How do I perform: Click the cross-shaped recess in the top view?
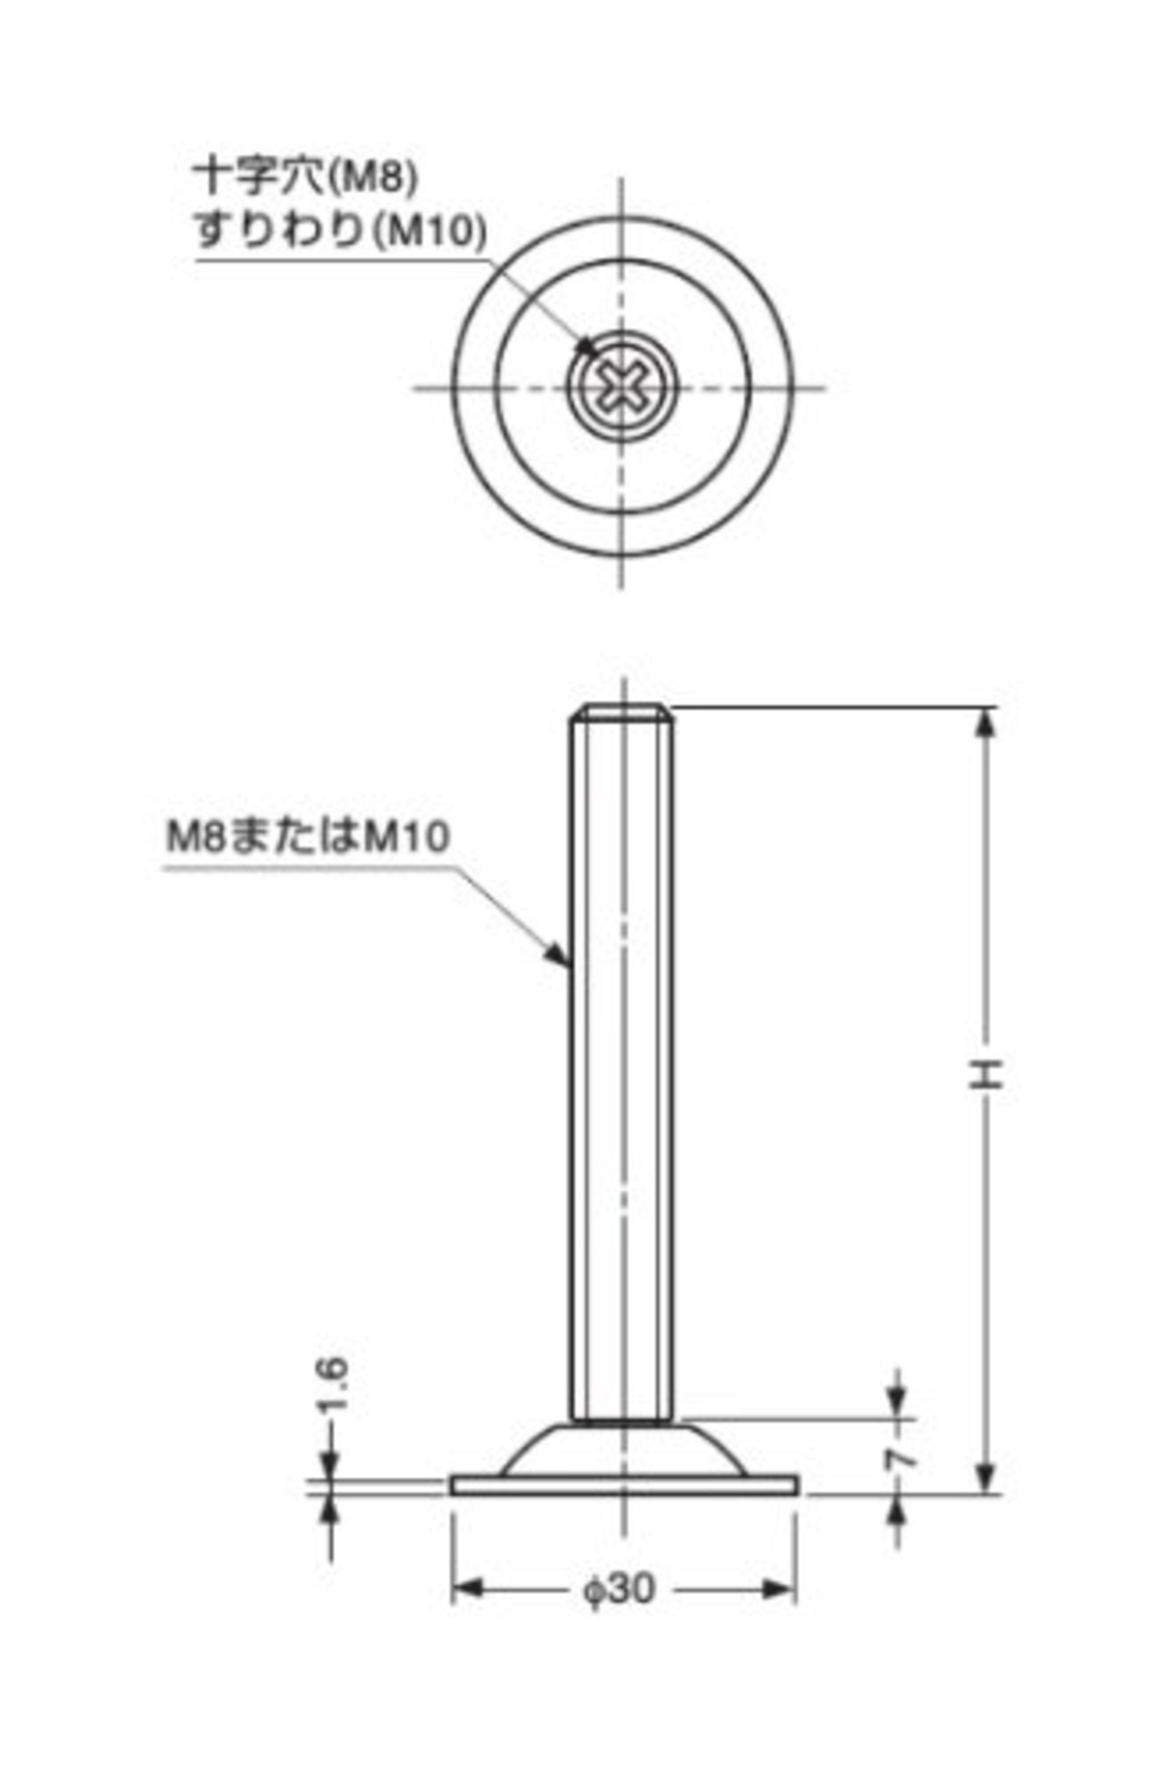coord(622,388)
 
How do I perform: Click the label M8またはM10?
coord(308,837)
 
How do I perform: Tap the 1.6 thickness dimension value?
coord(333,1383)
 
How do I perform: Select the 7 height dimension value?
coord(900,1460)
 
